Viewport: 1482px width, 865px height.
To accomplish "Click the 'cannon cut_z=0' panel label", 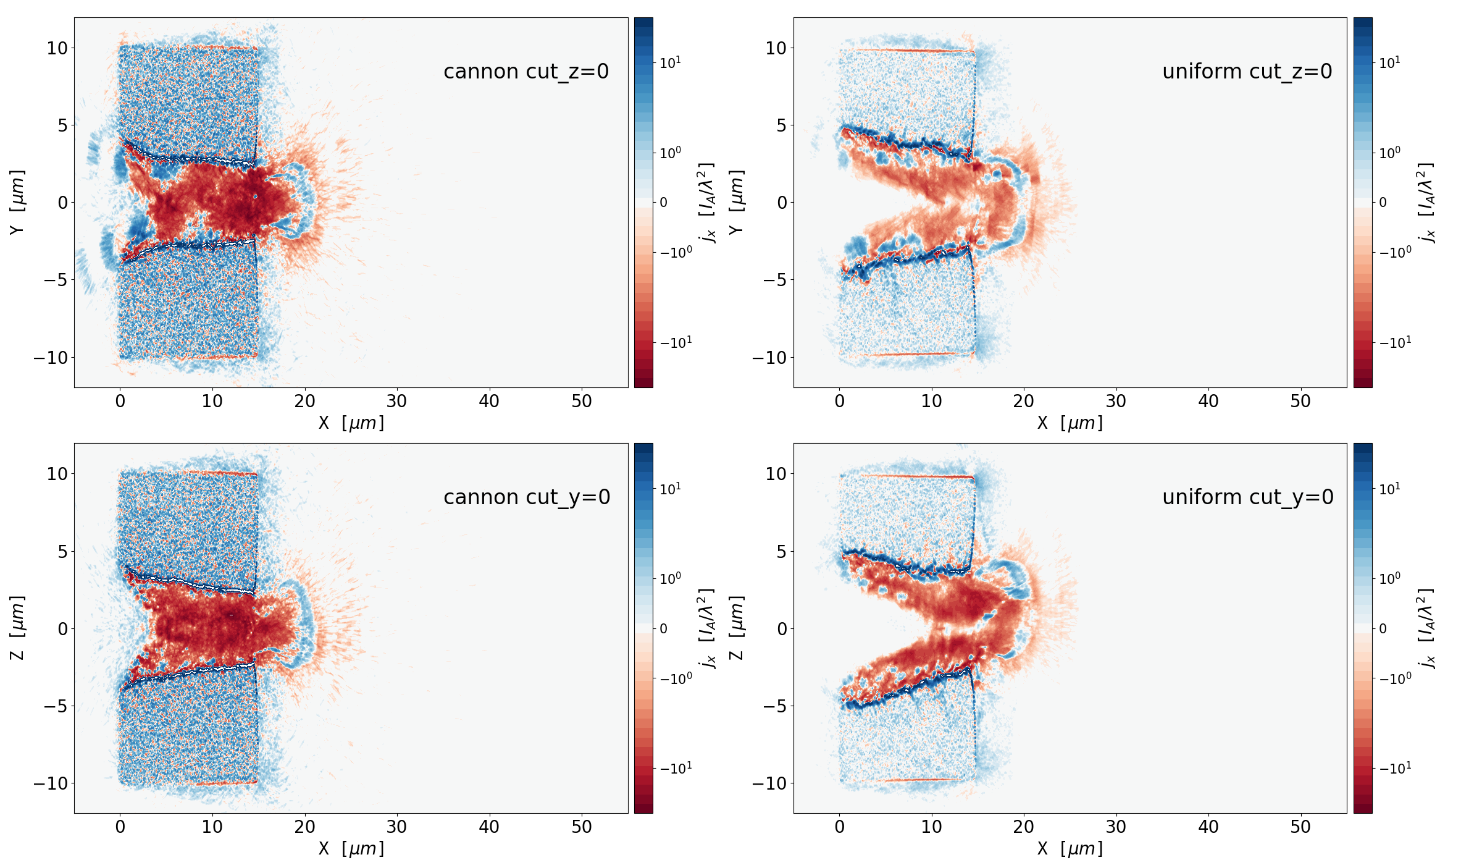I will pyautogui.click(x=526, y=72).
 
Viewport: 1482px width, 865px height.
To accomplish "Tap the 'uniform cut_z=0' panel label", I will pyautogui.click(x=1247, y=72).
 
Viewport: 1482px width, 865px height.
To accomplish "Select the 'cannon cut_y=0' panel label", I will pyautogui.click(x=527, y=497).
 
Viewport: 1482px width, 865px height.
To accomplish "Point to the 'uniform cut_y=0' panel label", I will pyautogui.click(x=1247, y=497).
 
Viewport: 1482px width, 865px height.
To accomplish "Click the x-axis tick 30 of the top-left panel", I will pyautogui.click(x=396, y=402).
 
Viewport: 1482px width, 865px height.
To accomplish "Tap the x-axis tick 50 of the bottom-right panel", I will pyautogui.click(x=1300, y=827).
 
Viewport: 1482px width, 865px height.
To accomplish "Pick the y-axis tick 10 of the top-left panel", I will pyautogui.click(x=57, y=48).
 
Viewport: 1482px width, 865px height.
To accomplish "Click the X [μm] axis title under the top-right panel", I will pyautogui.click(x=1070, y=423).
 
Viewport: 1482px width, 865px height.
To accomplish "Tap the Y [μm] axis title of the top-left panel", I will pyautogui.click(x=17, y=202).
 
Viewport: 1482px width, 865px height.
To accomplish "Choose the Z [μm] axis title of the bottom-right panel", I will pyautogui.click(x=737, y=628).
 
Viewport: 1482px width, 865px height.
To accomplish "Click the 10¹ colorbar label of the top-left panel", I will pyautogui.click(x=670, y=62).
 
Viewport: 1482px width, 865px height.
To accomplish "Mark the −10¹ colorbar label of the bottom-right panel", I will pyautogui.click(x=1396, y=768).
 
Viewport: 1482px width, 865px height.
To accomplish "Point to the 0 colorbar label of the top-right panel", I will pyautogui.click(x=1383, y=203).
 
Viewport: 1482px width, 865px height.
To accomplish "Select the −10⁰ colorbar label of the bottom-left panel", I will pyautogui.click(x=676, y=678).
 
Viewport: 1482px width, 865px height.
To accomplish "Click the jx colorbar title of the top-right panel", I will pyautogui.click(x=1426, y=202).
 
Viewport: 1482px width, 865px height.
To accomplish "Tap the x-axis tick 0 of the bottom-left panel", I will pyautogui.click(x=120, y=827).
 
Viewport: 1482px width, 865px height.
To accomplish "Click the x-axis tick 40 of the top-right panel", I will pyautogui.click(x=1208, y=402).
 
